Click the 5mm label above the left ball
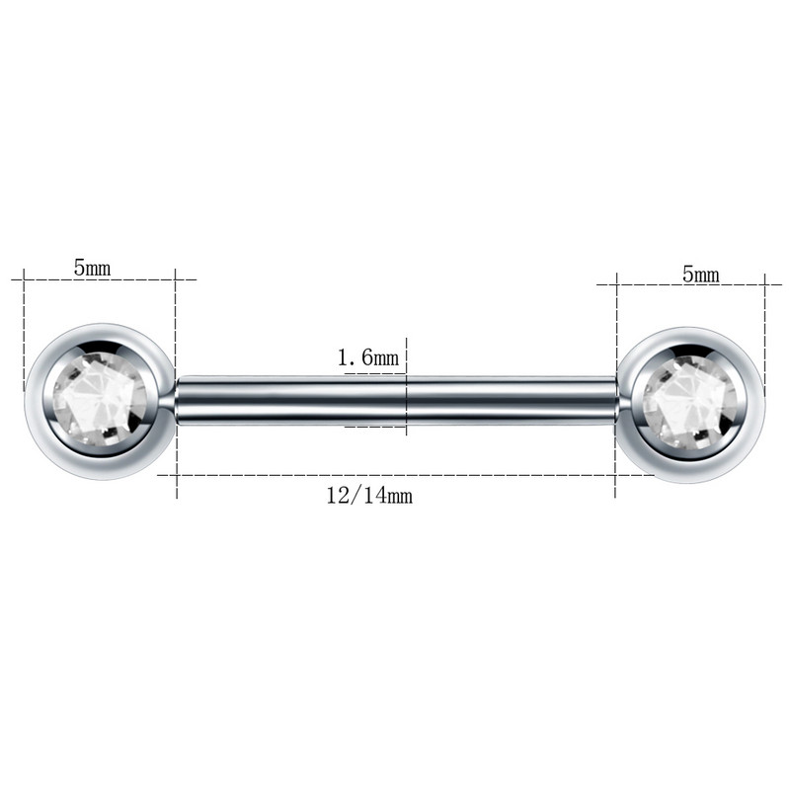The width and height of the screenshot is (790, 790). click(x=92, y=267)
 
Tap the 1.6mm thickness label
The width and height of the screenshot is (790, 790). click(x=367, y=358)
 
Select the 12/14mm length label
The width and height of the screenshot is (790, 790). click(x=368, y=496)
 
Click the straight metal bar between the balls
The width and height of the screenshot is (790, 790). click(x=296, y=401)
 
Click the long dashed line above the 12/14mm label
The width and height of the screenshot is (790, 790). click(x=395, y=475)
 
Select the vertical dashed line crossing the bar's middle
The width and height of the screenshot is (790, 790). click(x=406, y=385)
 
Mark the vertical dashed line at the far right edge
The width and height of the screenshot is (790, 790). click(x=765, y=326)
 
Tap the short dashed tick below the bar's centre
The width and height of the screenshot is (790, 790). click(x=375, y=427)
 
